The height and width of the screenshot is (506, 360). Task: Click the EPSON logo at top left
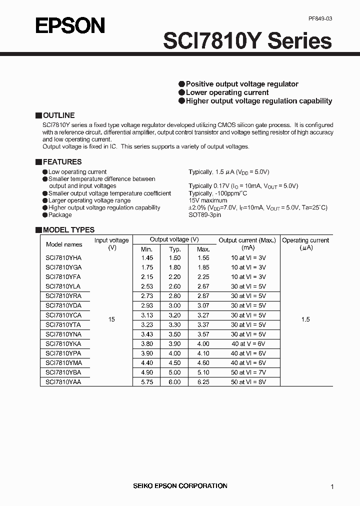tap(70, 25)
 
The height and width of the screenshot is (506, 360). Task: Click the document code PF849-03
tap(320, 18)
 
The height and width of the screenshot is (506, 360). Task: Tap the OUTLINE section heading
tap(58, 115)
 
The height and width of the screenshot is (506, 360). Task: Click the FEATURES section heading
tap(62, 161)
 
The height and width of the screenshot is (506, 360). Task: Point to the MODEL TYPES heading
tap(68, 230)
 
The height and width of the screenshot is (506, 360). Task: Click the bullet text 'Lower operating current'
tap(227, 92)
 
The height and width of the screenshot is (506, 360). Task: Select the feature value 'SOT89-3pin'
tap(204, 214)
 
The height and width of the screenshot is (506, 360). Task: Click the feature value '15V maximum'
tap(207, 200)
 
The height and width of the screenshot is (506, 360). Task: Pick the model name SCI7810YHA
tap(63, 257)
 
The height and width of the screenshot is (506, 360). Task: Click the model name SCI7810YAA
tap(63, 381)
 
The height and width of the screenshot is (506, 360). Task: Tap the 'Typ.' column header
tap(175, 249)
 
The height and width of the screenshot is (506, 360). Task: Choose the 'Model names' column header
tap(64, 244)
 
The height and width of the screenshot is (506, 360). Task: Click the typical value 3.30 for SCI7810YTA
tap(175, 324)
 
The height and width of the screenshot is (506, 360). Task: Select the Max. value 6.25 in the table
tap(203, 381)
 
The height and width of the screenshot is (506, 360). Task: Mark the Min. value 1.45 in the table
tap(147, 257)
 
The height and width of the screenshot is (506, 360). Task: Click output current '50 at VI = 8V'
tap(248, 381)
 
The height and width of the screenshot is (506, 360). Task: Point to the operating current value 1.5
tap(305, 319)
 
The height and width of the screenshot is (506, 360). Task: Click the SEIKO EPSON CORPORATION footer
tap(179, 485)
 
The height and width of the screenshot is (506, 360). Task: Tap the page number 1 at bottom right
tap(332, 486)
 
